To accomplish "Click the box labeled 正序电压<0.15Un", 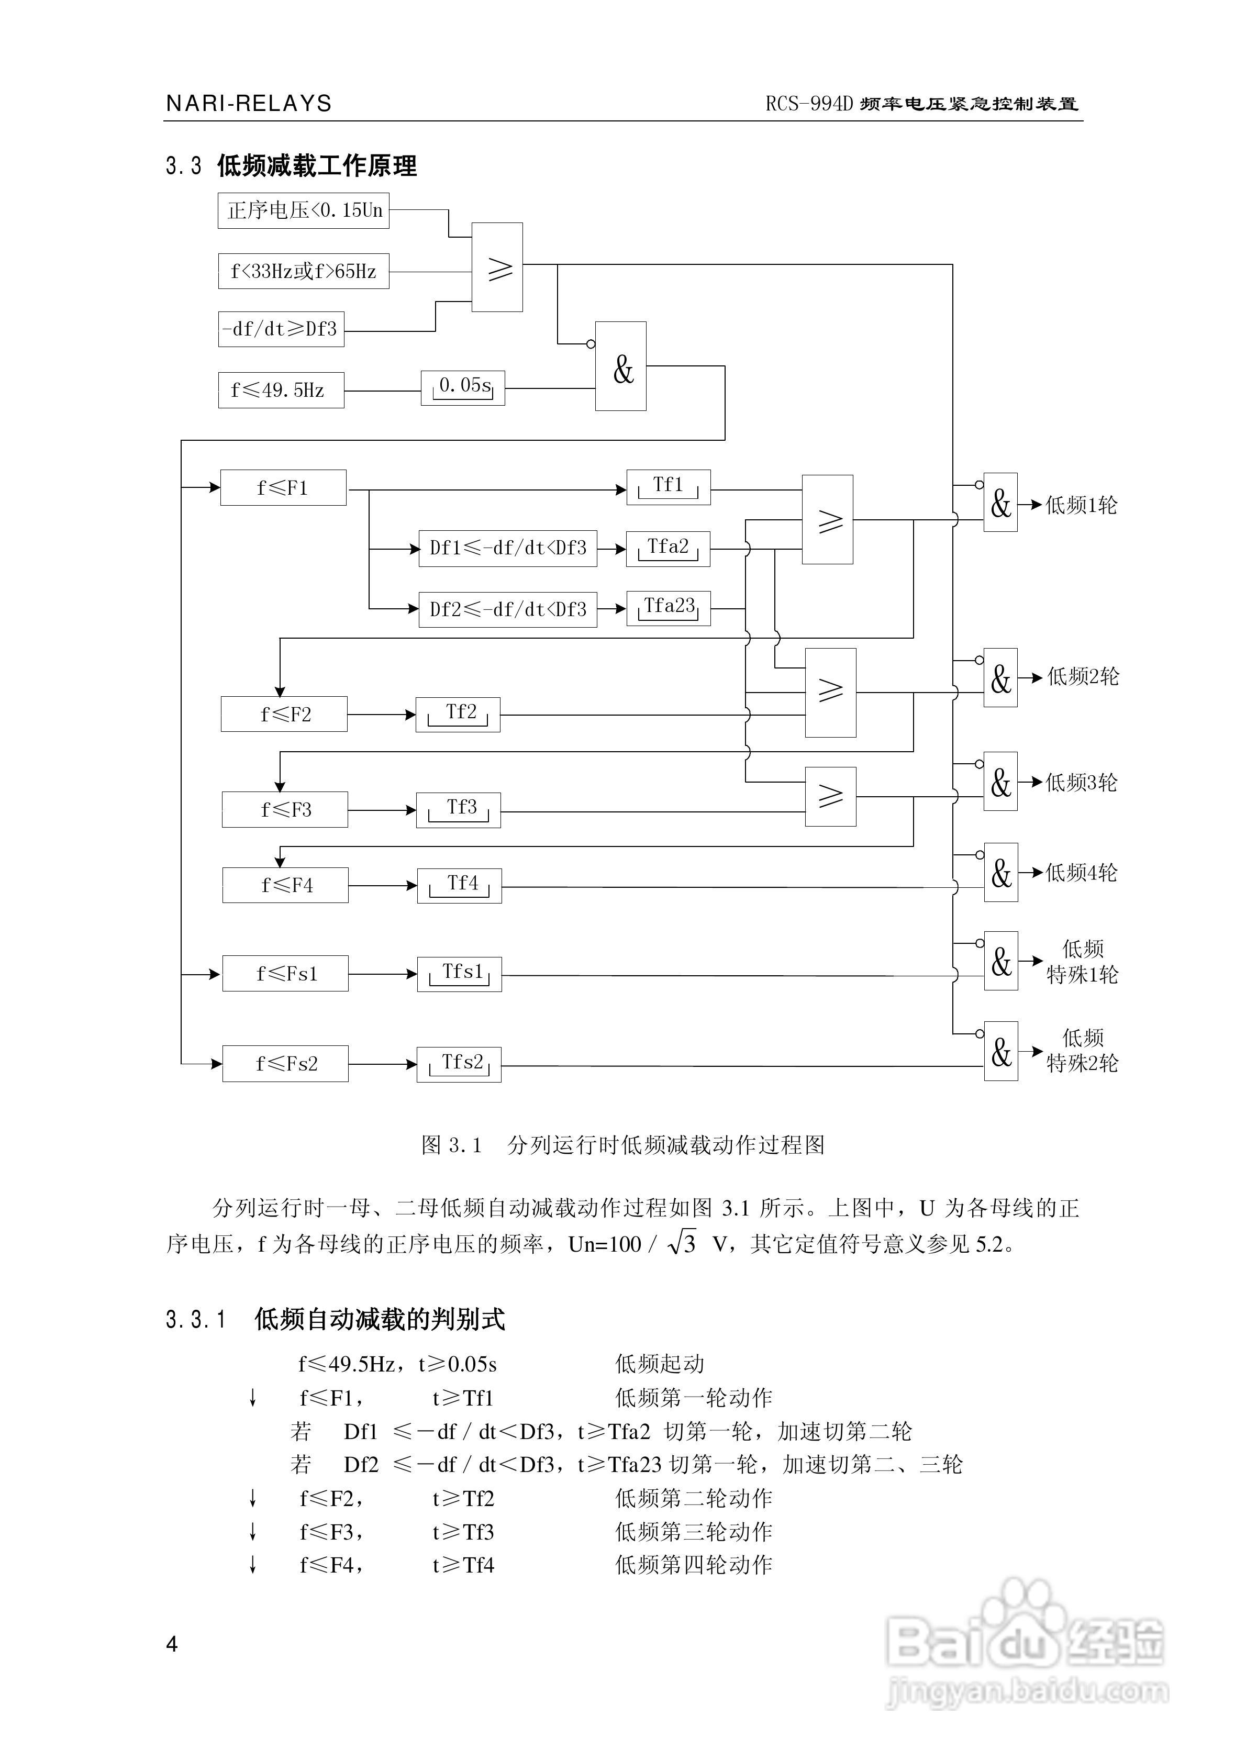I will pyautogui.click(x=303, y=210).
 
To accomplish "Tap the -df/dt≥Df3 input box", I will pyautogui.click(x=281, y=329).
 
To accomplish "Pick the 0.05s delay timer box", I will pyautogui.click(x=463, y=388).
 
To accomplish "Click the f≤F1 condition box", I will pyautogui.click(x=283, y=488).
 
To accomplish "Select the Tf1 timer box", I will pyautogui.click(x=668, y=487).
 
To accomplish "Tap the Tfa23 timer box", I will pyautogui.click(x=668, y=608).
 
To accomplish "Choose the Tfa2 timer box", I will pyautogui.click(x=667, y=549).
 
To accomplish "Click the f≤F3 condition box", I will pyautogui.click(x=285, y=810).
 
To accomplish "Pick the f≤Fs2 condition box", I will pyautogui.click(x=285, y=1064).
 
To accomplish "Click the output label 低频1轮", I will pyautogui.click(x=1081, y=506).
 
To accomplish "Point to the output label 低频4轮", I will pyautogui.click(x=1081, y=873).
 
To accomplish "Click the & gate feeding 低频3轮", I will pyautogui.click(x=1000, y=782).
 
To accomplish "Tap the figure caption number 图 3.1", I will pyautogui.click(x=451, y=1145).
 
